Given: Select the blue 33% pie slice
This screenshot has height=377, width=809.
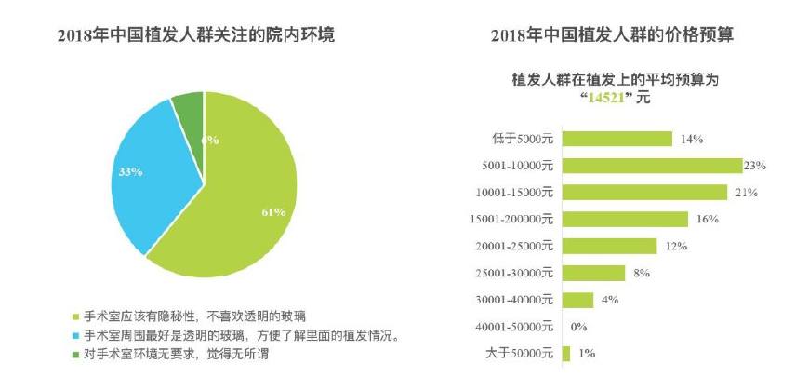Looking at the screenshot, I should (149, 177).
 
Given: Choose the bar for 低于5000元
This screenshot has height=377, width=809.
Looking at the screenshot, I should (618, 139).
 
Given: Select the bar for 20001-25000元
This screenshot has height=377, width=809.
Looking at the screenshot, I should (610, 246).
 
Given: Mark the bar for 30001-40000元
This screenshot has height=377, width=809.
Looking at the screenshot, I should (578, 300).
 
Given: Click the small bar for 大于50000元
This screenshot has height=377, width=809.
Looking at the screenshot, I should (567, 353).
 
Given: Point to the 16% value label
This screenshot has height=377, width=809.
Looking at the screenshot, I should (707, 220).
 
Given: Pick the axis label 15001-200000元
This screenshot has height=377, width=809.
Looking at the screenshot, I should (513, 220).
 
